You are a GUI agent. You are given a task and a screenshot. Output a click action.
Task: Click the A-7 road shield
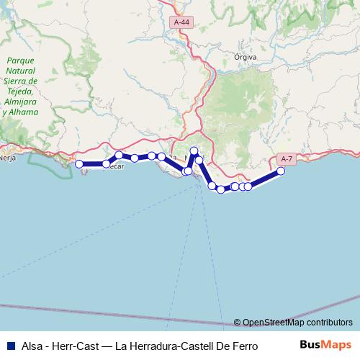[286, 158]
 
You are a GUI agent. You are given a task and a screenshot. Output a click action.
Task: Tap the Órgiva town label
[246, 55]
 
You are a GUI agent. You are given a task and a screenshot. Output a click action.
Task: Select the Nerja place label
[7, 156]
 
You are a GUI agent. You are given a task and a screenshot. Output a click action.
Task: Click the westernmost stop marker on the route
[79, 164]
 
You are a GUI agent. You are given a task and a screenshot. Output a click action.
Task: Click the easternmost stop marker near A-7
[281, 171]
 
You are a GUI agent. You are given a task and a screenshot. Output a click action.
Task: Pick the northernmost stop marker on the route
[194, 150]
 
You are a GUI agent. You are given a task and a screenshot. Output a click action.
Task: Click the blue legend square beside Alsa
[10, 345]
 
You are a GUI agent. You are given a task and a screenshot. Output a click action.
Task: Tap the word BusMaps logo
[325, 344]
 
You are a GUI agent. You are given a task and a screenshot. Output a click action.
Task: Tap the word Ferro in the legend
[244, 345]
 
